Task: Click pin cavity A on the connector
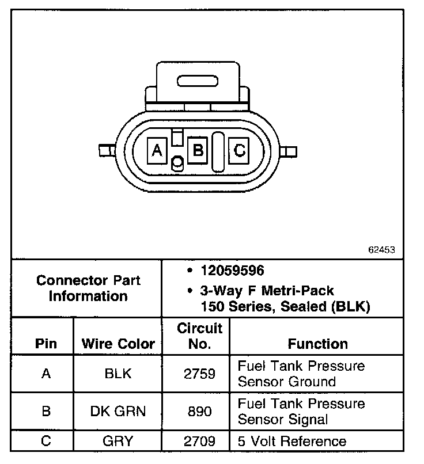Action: pyautogui.click(x=156, y=151)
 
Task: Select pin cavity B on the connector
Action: pyautogui.click(x=198, y=151)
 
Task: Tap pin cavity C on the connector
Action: pyautogui.click(x=239, y=151)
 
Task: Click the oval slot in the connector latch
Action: pyautogui.click(x=198, y=81)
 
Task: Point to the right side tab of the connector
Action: pyautogui.click(x=290, y=151)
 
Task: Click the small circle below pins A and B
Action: pyautogui.click(x=178, y=164)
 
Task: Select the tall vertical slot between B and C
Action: pyautogui.click(x=218, y=151)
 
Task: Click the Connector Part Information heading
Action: pyautogui.click(x=88, y=288)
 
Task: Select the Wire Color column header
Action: pyautogui.click(x=119, y=344)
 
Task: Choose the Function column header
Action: pyautogui.click(x=317, y=344)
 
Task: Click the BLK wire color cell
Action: pyautogui.click(x=119, y=374)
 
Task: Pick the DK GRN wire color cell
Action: pyautogui.click(x=119, y=411)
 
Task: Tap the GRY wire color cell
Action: pyautogui.click(x=119, y=442)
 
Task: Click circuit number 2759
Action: pyautogui.click(x=199, y=374)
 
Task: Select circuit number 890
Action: pyautogui.click(x=199, y=411)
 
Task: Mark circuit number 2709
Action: pyautogui.click(x=199, y=442)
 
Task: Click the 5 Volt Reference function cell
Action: pyautogui.click(x=292, y=442)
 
